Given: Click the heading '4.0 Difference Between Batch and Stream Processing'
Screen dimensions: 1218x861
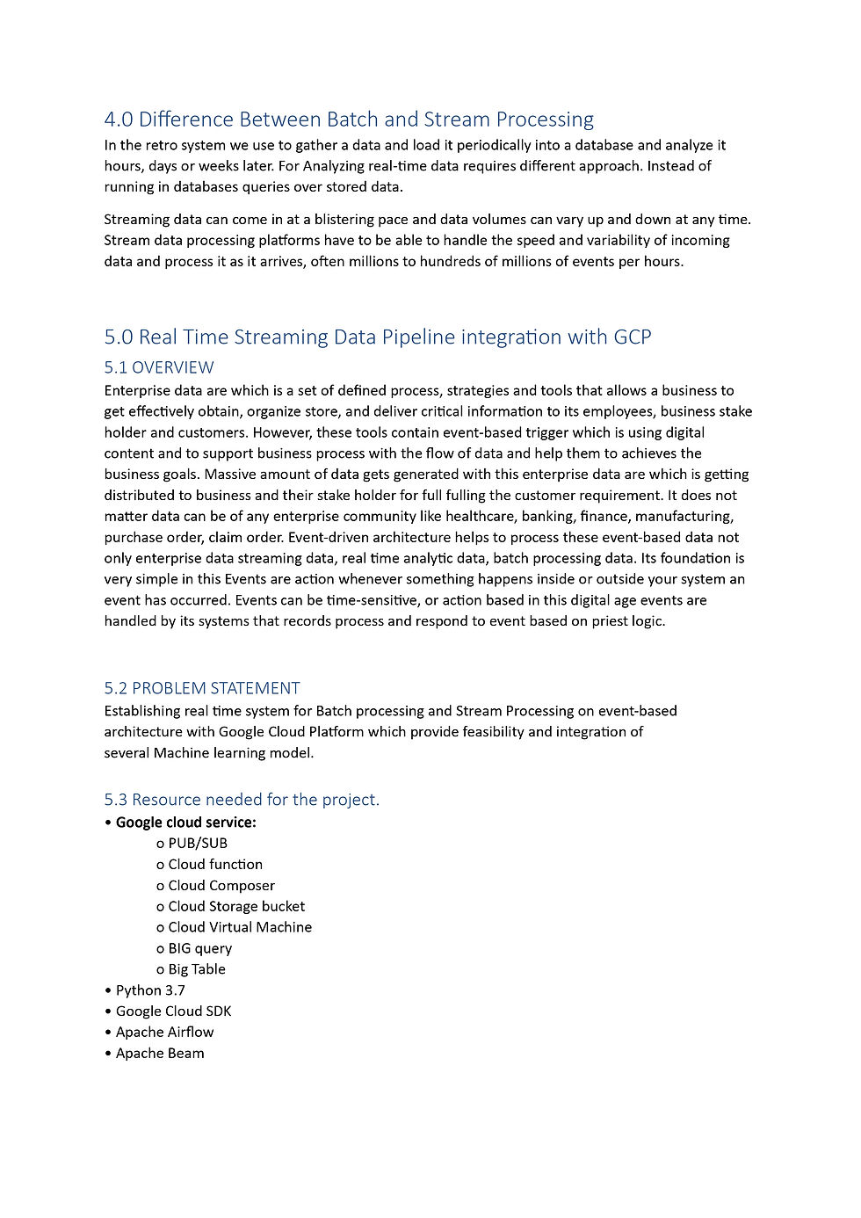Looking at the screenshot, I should point(349,120).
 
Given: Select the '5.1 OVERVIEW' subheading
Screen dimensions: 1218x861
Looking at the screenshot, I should point(159,367).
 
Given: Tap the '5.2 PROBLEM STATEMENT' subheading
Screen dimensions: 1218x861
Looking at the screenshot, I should point(202,688).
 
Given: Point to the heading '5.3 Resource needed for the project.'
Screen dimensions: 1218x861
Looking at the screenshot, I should point(242,800).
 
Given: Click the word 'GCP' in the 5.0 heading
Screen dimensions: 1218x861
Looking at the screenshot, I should point(633,337).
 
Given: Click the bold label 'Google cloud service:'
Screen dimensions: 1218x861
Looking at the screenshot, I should point(186,823).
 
